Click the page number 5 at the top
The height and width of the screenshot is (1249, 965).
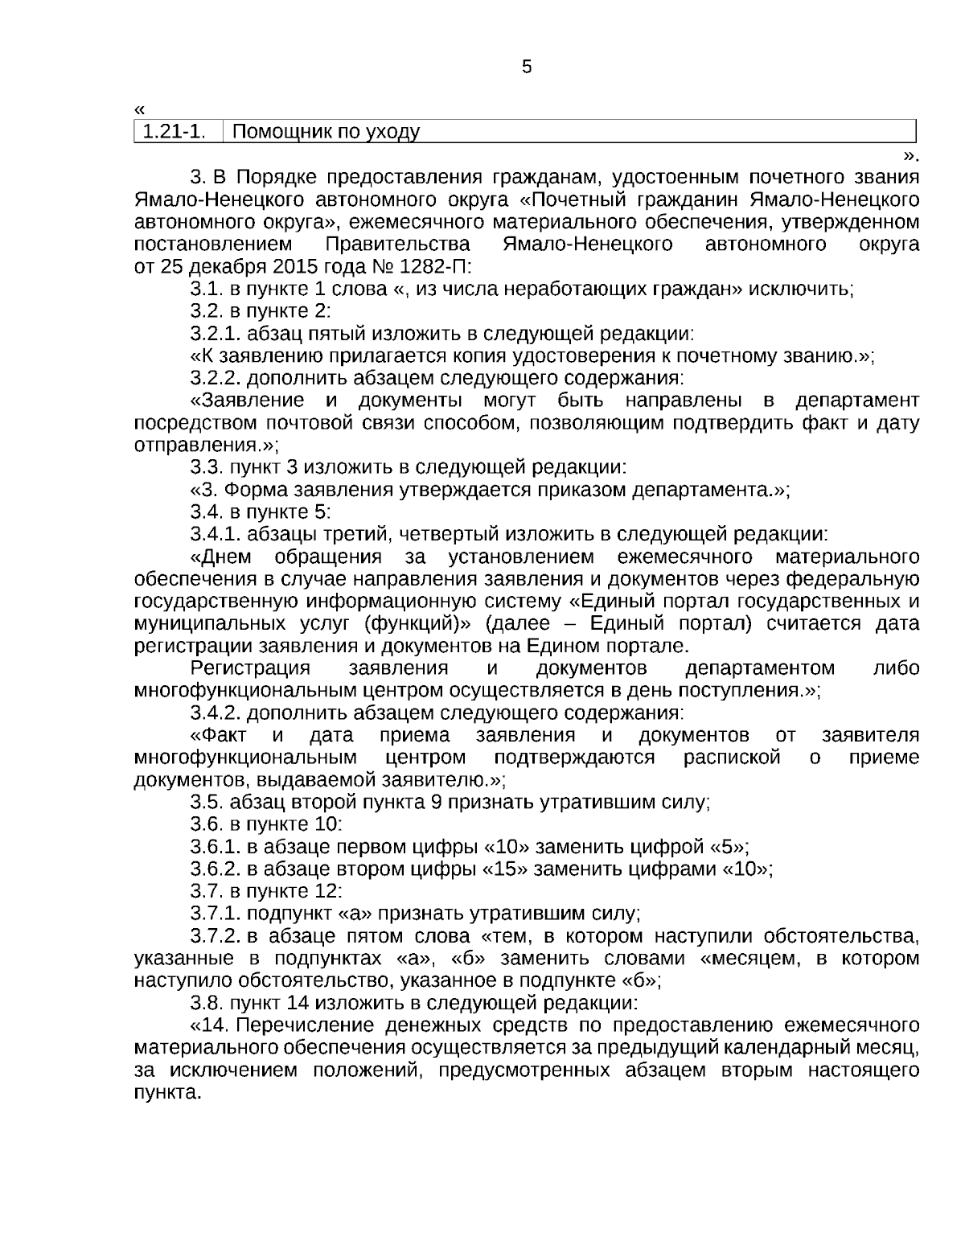pyautogui.click(x=527, y=67)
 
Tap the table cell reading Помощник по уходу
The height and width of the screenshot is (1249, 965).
pyautogui.click(x=325, y=131)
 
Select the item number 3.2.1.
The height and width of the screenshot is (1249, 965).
pyautogui.click(x=216, y=334)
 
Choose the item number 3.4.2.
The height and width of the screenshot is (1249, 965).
pyautogui.click(x=216, y=713)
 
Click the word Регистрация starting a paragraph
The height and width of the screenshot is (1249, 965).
pyautogui.click(x=250, y=668)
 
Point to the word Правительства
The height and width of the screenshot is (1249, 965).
pyautogui.click(x=399, y=244)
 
